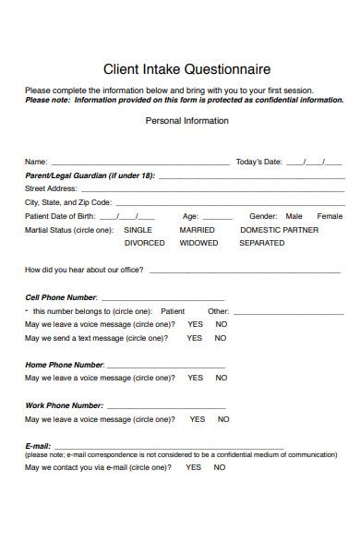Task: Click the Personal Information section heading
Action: pyautogui.click(x=187, y=121)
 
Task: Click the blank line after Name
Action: pyautogui.click(x=138, y=163)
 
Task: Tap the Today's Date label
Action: pyautogui.click(x=258, y=162)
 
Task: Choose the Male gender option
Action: pyautogui.click(x=294, y=216)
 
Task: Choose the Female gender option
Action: pyautogui.click(x=330, y=216)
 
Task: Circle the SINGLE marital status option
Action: pyautogui.click(x=138, y=230)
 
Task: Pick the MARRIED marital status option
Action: pyautogui.click(x=197, y=230)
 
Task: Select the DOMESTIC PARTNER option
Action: pyautogui.click(x=279, y=230)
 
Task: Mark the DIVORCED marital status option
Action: pyautogui.click(x=144, y=243)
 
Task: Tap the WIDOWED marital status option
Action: pyautogui.click(x=198, y=243)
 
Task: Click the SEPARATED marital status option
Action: pyautogui.click(x=261, y=243)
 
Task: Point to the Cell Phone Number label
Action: pyautogui.click(x=60, y=297)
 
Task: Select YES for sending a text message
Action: pyautogui.click(x=194, y=338)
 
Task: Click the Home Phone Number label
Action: pyautogui.click(x=64, y=365)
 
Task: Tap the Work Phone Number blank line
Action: pyautogui.click(x=165, y=406)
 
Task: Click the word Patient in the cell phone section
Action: pyautogui.click(x=173, y=311)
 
